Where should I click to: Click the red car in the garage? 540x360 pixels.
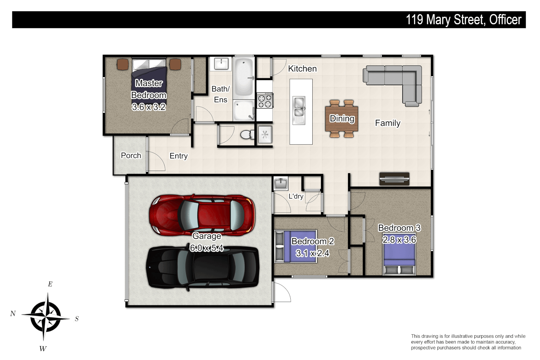click(202, 215)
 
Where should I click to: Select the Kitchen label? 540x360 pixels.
click(302, 69)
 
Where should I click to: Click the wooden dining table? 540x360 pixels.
click(342, 118)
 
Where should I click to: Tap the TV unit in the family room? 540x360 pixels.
click(394, 179)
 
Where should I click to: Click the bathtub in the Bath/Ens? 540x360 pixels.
click(244, 77)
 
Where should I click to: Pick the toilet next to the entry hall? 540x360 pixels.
click(246, 135)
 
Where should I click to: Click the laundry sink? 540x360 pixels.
click(281, 184)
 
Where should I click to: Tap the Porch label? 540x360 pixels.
click(131, 156)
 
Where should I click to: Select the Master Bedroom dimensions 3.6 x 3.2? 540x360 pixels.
click(149, 107)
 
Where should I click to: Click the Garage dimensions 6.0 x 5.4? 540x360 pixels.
click(207, 248)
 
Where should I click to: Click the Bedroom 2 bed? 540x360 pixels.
click(295, 247)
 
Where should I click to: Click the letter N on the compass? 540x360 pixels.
click(13, 313)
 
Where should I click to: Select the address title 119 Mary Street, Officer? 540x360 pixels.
click(463, 20)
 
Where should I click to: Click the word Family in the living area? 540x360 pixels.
click(387, 123)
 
